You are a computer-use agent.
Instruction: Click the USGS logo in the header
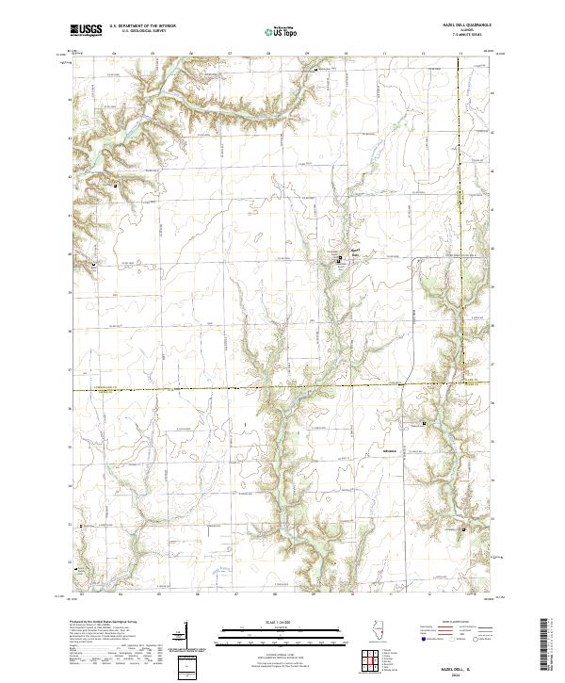[x=86, y=31]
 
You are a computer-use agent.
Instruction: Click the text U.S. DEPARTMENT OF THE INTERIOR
[x=142, y=27]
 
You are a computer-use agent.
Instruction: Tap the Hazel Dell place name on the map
[x=345, y=252]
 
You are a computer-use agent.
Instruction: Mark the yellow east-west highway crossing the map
[x=235, y=386]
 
